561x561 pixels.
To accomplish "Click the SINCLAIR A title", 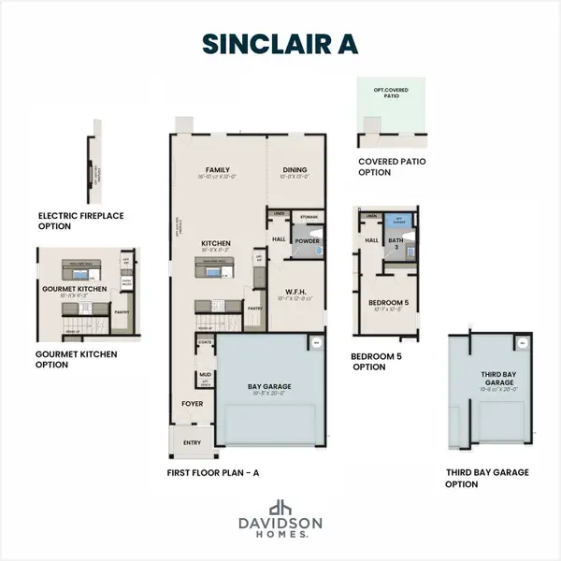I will coord(280,44).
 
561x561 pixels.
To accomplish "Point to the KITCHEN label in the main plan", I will coord(216,245).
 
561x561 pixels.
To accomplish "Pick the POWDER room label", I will coord(307,239).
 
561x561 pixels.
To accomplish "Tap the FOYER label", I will coord(192,405).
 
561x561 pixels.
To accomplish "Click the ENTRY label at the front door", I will coord(192,442).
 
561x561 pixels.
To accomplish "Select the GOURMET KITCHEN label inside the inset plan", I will coord(73,289).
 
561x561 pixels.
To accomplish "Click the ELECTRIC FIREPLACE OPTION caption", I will coord(81,221).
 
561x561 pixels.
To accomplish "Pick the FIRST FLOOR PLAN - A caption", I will coord(213,473).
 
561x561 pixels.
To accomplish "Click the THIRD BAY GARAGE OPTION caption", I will coord(487,478).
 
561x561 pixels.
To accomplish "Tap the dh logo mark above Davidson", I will coord(280,508).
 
